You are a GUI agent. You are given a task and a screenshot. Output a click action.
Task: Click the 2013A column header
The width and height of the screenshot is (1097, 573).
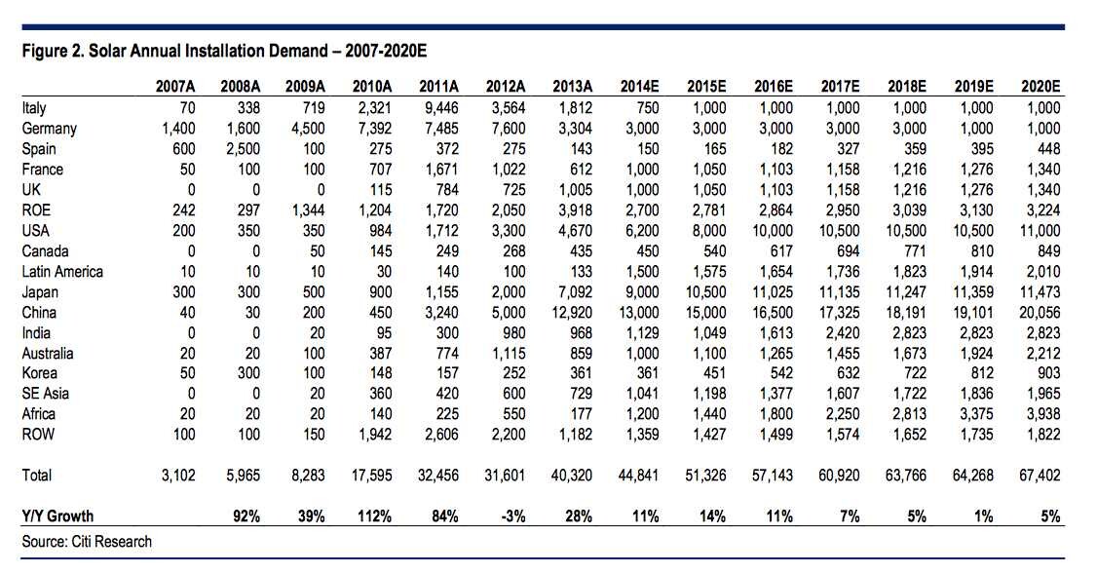[572, 87]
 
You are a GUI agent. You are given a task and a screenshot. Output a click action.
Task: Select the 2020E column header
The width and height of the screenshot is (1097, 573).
[1040, 87]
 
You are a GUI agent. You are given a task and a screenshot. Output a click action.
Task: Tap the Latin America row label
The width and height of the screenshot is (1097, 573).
[62, 272]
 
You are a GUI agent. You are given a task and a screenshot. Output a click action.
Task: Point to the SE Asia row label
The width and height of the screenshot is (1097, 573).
[46, 393]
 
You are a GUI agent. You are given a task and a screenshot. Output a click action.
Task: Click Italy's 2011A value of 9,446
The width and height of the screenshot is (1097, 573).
[438, 108]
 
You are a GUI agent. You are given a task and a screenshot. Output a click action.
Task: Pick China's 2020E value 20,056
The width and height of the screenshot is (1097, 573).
[1040, 312]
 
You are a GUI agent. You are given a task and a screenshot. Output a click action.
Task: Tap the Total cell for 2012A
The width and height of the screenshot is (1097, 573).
[505, 476]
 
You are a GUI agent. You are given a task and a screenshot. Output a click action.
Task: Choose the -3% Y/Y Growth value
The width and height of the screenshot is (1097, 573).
[512, 516]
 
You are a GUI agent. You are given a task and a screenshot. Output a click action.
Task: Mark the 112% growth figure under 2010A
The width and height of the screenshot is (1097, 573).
[374, 516]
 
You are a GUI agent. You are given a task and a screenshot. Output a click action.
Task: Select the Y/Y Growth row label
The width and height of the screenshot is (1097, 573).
[57, 516]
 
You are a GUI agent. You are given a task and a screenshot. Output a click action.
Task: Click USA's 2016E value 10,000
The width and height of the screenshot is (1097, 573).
[773, 231]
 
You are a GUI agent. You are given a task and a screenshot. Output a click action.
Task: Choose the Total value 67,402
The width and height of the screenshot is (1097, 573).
[1040, 476]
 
